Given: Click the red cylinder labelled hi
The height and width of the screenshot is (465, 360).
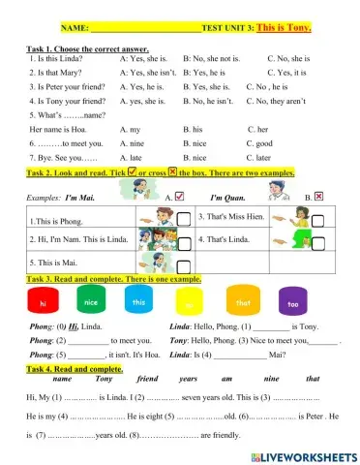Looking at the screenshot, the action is pyautogui.click(x=44, y=304).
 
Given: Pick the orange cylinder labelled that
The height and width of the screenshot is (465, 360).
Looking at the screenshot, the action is pyautogui.click(x=244, y=304).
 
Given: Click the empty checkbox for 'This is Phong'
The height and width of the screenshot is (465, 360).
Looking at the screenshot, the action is pyautogui.click(x=183, y=220).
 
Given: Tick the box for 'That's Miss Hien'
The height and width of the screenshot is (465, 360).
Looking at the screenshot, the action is pyautogui.click(x=318, y=220).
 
